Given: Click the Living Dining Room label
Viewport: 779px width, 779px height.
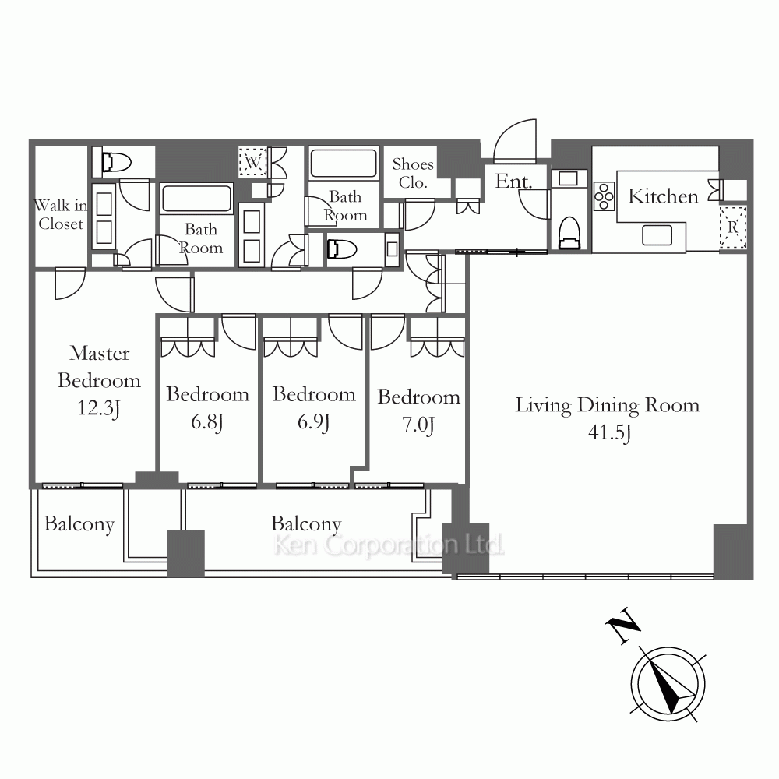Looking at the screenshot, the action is pos(607,405).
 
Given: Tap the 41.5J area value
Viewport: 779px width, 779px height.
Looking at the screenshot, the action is pos(610,432).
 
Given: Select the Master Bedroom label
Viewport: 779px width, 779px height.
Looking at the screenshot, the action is pos(100,367).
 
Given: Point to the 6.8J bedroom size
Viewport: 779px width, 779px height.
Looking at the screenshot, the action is pos(207,422).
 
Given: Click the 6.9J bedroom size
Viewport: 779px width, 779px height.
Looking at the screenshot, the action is pos(314,422).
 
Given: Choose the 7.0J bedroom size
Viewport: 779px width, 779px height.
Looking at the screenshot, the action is pos(418,425).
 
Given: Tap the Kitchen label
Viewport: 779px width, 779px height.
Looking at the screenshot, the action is pos(663,197).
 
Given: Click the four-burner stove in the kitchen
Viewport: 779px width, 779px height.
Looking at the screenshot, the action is pos(605,196).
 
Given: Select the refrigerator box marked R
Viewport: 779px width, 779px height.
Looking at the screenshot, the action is pos(733,227).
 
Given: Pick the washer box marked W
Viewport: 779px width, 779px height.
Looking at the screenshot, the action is pos(253,162).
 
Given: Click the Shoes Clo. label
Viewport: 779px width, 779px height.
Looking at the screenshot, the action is pos(413,174).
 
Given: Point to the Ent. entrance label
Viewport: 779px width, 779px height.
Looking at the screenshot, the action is pos(513,182).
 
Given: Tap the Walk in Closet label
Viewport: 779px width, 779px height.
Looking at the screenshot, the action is pos(61,215).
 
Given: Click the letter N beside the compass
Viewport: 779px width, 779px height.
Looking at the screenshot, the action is pos(623,625).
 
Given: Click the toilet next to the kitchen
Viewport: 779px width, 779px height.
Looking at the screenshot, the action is pos(569,232).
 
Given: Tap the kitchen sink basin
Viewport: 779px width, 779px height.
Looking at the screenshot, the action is pos(657,235).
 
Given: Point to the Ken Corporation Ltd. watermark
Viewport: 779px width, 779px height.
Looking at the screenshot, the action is pos(389,545).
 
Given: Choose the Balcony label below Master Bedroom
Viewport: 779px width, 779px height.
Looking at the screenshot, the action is pos(79,524).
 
